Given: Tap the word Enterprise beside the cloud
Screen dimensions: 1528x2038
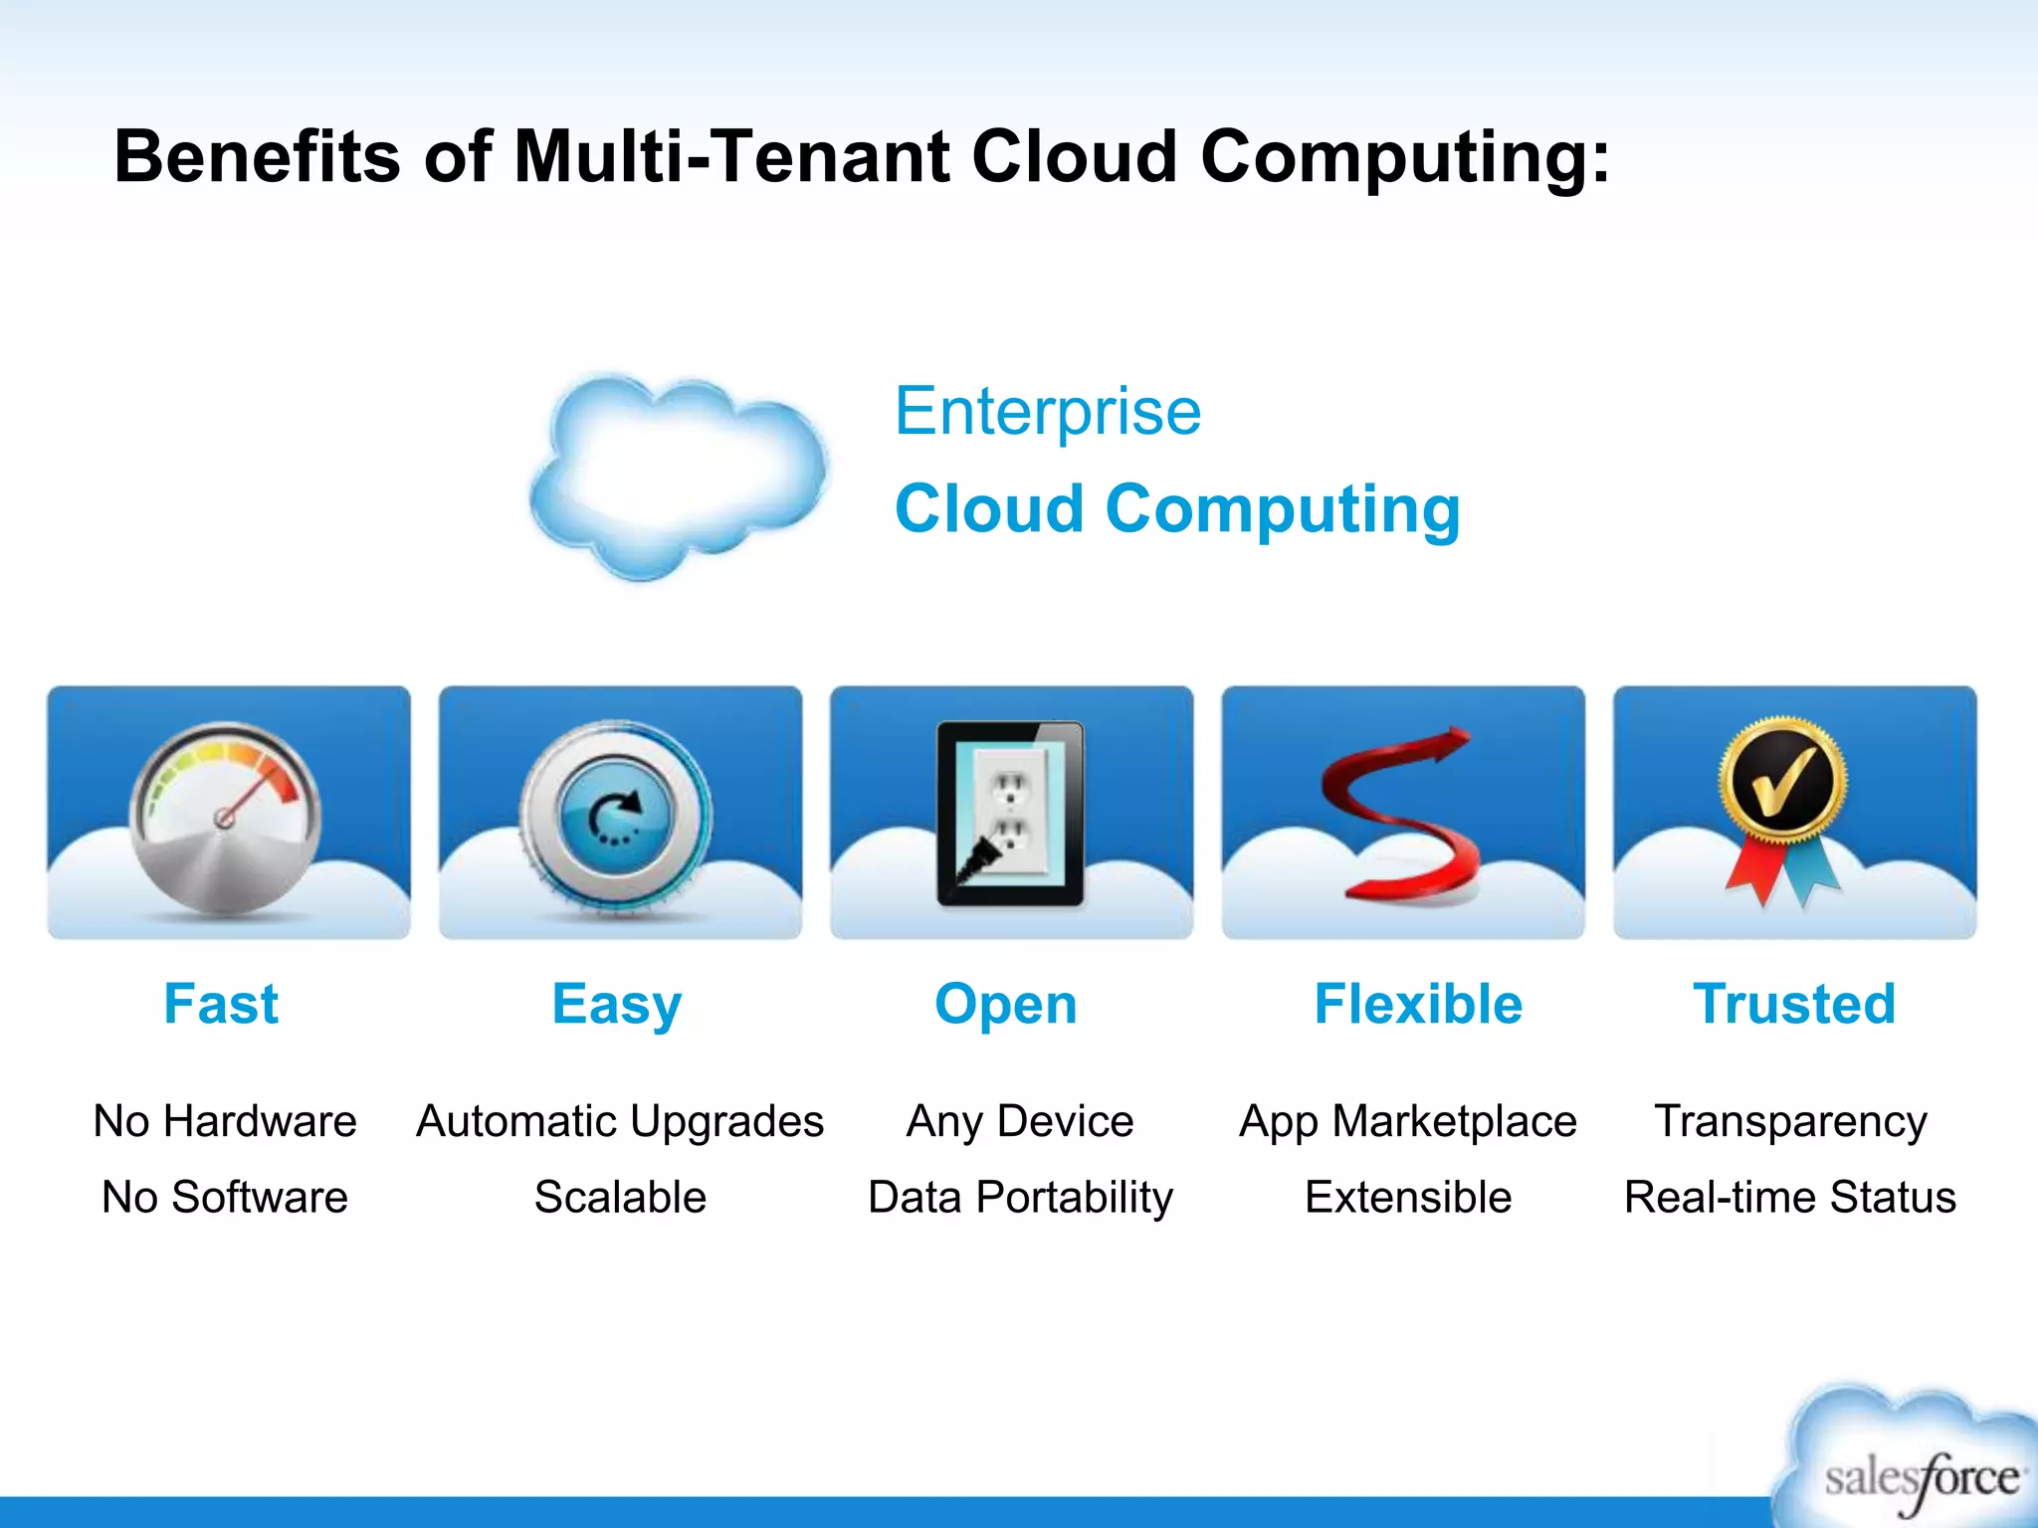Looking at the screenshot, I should (1048, 411).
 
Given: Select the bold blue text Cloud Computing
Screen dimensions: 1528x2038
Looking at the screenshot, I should (1177, 508).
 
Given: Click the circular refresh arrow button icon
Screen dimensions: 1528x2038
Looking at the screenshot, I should (616, 814).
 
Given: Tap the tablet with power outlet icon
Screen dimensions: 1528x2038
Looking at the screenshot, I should (1011, 813).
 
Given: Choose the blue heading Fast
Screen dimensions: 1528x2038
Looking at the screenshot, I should (221, 1004).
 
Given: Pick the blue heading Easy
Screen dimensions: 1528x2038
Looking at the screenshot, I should (617, 1005).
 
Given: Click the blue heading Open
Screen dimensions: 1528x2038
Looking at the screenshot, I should (1006, 1005).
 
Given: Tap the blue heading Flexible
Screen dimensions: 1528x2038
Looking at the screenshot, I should (1418, 1004).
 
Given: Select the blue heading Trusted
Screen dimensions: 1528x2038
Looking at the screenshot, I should (1794, 1004).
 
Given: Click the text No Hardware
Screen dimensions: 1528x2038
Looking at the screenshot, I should (225, 1121).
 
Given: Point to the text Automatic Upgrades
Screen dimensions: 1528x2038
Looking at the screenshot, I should (620, 1122).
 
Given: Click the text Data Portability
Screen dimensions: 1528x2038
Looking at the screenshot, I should (1020, 1198).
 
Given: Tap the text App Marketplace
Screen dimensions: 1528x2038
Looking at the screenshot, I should (1408, 1122).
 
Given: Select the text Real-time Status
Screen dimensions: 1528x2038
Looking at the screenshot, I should (1790, 1197).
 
